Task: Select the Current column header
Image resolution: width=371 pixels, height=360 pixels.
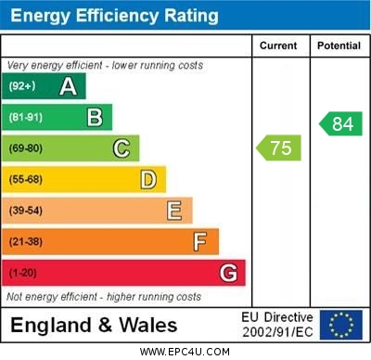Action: [x=278, y=45]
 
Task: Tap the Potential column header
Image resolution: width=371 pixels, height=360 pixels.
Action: [x=339, y=45]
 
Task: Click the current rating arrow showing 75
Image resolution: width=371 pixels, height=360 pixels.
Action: [x=279, y=148]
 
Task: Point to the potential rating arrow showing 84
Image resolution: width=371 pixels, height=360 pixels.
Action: [x=340, y=123]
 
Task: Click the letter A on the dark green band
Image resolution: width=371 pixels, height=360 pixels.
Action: [x=68, y=86]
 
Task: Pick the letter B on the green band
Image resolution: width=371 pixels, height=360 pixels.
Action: [x=95, y=117]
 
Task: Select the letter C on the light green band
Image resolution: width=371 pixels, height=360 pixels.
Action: [x=122, y=148]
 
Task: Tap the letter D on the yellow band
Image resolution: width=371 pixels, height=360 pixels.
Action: [x=148, y=179]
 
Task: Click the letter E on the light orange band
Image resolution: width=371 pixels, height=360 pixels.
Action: [x=174, y=211]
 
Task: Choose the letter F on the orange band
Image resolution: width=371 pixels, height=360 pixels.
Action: [x=200, y=242]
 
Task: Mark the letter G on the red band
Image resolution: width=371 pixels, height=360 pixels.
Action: [x=228, y=273]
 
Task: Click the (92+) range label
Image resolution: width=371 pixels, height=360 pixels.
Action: [x=22, y=86]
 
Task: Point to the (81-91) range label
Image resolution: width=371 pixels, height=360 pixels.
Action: [x=27, y=118]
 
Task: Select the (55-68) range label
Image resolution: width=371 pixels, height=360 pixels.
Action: [x=27, y=180]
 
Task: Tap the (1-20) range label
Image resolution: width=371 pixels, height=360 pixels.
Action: [x=23, y=274]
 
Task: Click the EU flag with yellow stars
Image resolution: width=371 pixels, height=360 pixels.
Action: [x=340, y=325]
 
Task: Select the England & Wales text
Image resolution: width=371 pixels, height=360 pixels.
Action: [x=94, y=325]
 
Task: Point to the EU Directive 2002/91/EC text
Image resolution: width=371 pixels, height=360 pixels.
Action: [x=277, y=325]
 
